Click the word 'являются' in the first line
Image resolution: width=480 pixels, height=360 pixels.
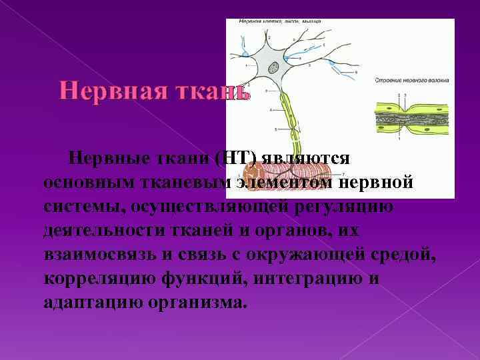305,159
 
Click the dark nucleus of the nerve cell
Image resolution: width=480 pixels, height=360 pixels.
274,67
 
